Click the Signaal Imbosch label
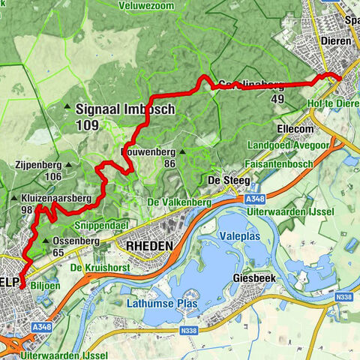pyautogui.click(x=124, y=109)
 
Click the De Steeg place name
pyautogui.click(x=223, y=180)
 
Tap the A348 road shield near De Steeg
pyautogui.click(x=254, y=199)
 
